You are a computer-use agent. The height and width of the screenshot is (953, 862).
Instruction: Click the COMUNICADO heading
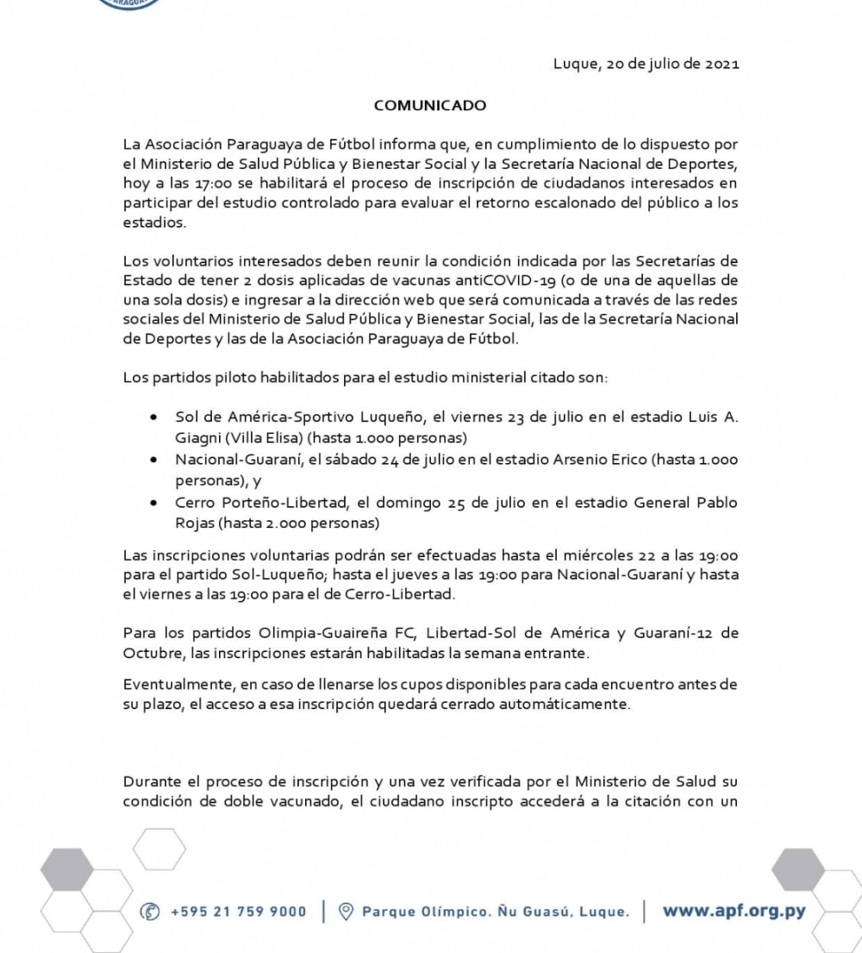point(429,105)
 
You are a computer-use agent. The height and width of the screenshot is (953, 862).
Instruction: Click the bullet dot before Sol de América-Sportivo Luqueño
point(153,417)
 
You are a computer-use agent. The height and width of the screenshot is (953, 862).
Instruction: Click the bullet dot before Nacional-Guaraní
point(153,460)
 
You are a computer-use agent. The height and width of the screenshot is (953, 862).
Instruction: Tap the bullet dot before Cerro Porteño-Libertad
point(153,502)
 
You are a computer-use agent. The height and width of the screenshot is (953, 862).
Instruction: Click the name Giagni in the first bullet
point(197,437)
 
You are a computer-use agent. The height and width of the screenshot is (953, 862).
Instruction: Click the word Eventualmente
point(172,684)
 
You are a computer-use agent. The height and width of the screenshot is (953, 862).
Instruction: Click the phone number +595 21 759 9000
point(239,912)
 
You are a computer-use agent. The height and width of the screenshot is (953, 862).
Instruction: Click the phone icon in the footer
point(150,912)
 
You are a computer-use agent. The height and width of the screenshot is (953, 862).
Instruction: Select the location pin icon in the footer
point(346,912)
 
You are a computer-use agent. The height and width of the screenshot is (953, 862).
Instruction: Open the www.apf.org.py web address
point(734,911)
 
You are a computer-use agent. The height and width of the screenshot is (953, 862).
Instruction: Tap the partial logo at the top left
point(129,4)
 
